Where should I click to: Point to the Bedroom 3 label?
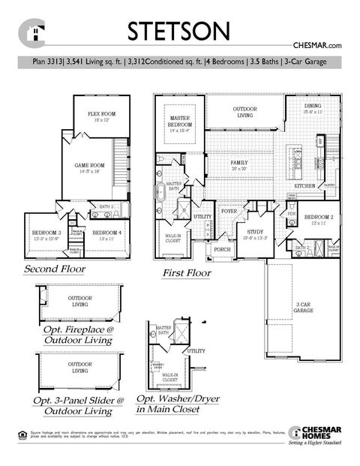coord(45,235)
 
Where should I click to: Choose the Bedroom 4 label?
coord(106,235)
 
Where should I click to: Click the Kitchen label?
coord(304,185)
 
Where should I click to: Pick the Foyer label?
coord(229,212)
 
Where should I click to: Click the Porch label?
coord(221,248)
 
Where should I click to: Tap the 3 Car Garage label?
coord(302,306)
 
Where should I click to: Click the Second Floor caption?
coord(54,269)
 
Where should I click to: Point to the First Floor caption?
coord(187,274)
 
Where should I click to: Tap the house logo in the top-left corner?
coord(32,32)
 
